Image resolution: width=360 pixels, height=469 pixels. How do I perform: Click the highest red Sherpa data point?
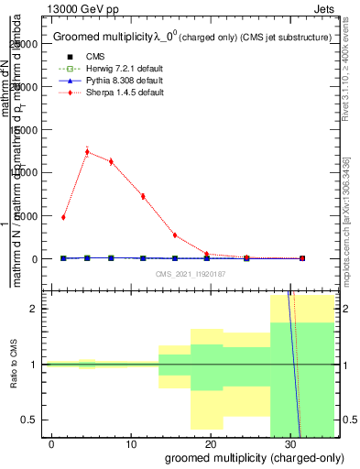pyautogui.click(x=87, y=152)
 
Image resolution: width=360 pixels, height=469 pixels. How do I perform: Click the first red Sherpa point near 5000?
pyautogui.click(x=63, y=217)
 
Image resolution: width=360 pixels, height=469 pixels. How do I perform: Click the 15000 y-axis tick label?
pyautogui.click(x=28, y=129)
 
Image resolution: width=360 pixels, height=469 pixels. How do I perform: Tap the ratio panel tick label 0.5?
pyautogui.click(x=35, y=420)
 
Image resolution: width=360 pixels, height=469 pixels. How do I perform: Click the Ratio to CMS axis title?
pyautogui.click(x=13, y=365)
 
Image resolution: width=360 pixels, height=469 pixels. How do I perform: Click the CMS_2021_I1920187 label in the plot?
pyautogui.click(x=191, y=274)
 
